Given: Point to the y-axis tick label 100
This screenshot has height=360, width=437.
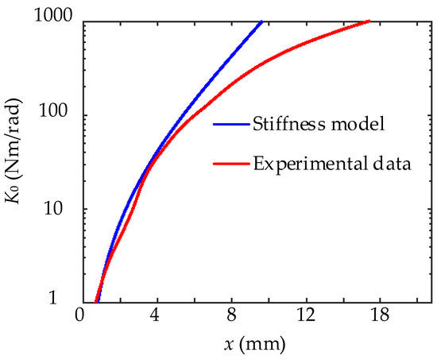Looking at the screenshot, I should pos(57,115).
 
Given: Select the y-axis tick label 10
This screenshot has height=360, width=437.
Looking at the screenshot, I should pos(62,209).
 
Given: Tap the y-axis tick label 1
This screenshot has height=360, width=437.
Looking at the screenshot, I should pos(67,300).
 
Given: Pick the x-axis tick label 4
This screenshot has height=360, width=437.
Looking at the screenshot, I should pos(156,316).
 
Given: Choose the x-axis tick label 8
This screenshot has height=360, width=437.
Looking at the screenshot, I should pos(231,316).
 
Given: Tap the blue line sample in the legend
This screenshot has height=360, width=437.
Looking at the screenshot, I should pos(230,124).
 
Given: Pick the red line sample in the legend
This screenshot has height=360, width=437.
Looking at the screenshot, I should pos(230,165).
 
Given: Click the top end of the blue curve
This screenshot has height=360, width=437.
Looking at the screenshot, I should pos(261,22).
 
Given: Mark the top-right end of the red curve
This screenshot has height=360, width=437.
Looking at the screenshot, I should pos(369,21).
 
